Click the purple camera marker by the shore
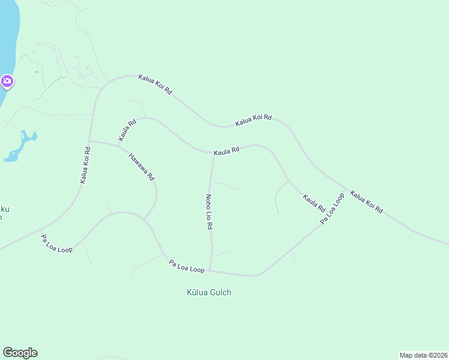tap(7, 81)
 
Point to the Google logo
tap(20, 353)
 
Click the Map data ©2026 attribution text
tap(423, 355)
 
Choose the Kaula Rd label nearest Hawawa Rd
tap(127, 130)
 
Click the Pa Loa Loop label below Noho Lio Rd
tap(187, 266)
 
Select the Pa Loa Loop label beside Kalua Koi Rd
tap(332, 208)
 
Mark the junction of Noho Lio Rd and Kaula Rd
tap(214, 154)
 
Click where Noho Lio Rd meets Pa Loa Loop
tap(209, 271)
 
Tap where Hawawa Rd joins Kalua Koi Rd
tap(90, 142)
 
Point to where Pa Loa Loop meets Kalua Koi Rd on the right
tap(347, 189)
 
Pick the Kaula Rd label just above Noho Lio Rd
tap(227, 151)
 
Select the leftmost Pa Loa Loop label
tap(56, 243)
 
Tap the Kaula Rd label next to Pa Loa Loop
tap(314, 203)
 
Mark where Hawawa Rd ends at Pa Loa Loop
tap(144, 218)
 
